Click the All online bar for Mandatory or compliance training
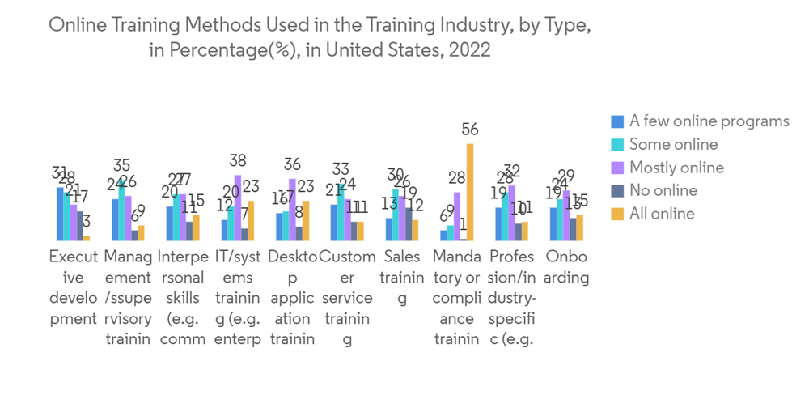(470, 192)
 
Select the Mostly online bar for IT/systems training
(238, 207)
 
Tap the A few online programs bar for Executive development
(60, 214)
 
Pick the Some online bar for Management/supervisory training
(122, 211)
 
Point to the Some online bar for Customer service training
(341, 212)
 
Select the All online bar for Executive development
(87, 238)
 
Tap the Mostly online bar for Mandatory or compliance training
(457, 216)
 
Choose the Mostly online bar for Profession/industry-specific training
(512, 213)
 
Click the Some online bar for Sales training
(396, 215)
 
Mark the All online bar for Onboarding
(579, 227)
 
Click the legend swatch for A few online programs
(617, 121)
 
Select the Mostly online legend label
(676, 168)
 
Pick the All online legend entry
(662, 214)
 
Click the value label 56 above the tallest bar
(470, 130)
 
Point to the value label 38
(238, 161)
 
